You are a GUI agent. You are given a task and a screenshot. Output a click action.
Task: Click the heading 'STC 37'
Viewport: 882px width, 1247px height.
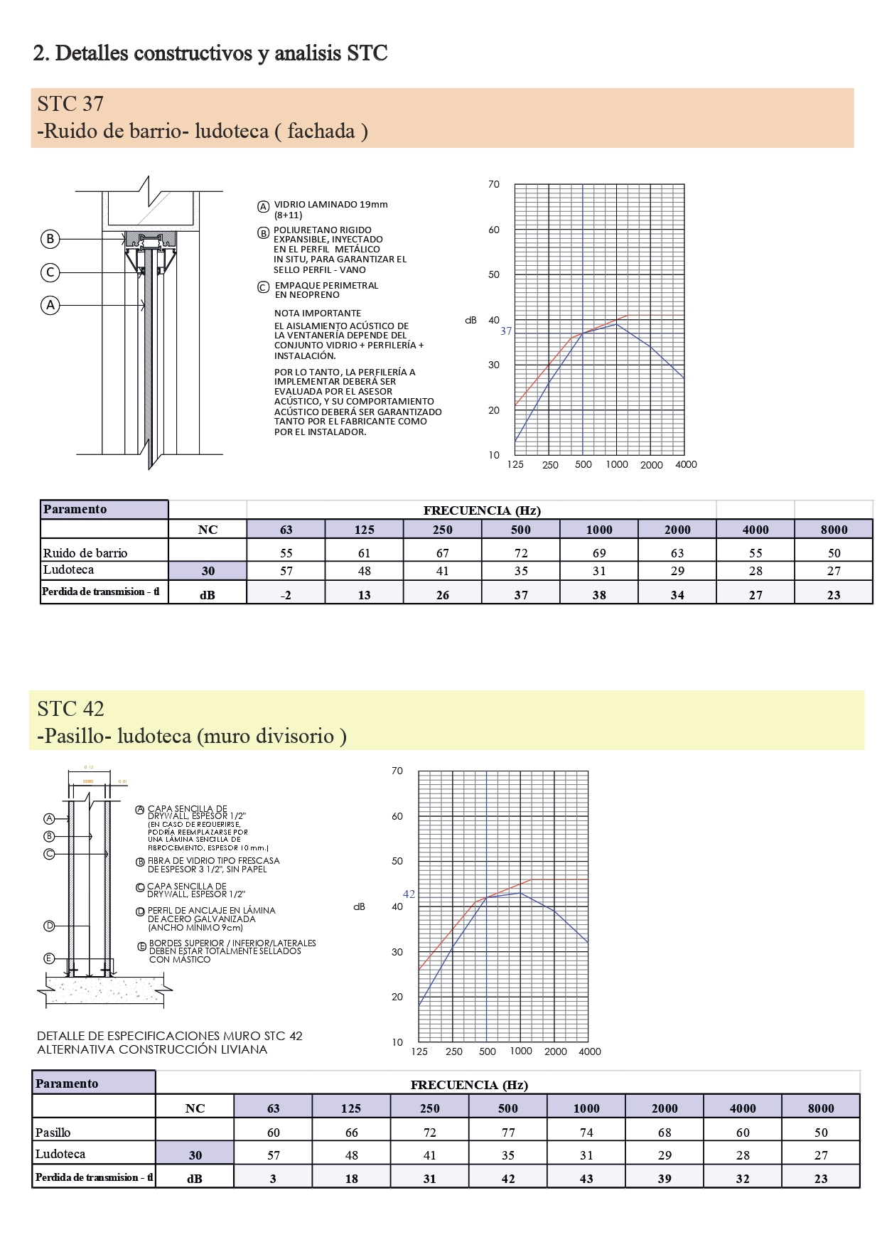point(70,104)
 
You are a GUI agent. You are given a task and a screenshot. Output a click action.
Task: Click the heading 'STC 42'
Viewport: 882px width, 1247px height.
point(70,709)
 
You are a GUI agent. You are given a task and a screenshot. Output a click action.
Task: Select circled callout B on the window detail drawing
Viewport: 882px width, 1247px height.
point(50,239)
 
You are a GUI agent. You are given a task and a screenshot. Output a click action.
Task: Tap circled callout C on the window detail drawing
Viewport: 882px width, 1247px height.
point(50,272)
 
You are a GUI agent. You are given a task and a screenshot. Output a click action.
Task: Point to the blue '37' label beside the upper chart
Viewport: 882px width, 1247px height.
point(505,331)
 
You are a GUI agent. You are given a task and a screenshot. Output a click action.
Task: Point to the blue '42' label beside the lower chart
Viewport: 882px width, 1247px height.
point(409,894)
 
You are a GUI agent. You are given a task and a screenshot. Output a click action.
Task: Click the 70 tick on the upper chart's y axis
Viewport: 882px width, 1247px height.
point(494,185)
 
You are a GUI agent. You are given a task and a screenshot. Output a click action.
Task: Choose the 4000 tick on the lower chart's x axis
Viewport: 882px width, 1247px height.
point(590,1051)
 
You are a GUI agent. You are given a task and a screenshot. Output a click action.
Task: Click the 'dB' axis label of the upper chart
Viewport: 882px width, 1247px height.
point(470,321)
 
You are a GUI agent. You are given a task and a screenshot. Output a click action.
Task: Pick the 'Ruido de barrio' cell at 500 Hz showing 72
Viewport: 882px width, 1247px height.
point(521,553)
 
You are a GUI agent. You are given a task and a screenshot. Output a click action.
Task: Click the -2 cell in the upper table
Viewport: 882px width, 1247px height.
point(286,595)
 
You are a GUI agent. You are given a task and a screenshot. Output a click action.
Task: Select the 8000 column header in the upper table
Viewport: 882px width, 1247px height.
point(834,530)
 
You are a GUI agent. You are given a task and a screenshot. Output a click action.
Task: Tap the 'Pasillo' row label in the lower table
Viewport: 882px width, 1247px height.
point(53,1133)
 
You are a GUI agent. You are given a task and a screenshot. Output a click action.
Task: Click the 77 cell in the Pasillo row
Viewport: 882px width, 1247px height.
point(508,1133)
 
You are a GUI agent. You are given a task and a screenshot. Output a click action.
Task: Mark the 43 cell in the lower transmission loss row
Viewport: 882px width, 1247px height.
point(586,1179)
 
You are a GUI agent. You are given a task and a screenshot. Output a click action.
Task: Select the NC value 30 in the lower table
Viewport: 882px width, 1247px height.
point(195,1155)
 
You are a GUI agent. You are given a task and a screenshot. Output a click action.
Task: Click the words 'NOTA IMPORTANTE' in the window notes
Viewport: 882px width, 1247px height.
point(318,314)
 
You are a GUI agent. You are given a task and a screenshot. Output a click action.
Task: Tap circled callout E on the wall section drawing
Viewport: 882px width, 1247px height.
point(49,958)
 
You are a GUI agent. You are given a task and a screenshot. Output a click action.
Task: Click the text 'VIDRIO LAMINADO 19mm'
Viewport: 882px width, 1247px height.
point(330,205)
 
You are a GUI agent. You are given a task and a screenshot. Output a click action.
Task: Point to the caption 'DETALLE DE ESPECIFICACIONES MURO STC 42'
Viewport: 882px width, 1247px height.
point(170,1036)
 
